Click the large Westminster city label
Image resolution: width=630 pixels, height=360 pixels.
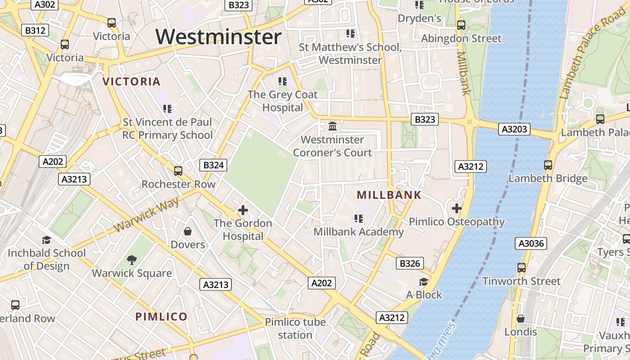[x=219, y=37]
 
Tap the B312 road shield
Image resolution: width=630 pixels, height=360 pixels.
[x=35, y=30]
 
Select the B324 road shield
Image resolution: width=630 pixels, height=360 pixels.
[x=213, y=165]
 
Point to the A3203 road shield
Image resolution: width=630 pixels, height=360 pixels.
[x=514, y=130]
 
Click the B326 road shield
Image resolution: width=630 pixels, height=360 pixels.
[x=409, y=263]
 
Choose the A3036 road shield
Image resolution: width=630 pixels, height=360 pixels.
[x=531, y=243]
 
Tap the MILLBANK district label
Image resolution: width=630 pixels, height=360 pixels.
[x=389, y=195]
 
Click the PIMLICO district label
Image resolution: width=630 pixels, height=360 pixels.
[x=161, y=316]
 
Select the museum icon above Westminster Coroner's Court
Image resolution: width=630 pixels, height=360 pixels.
[x=333, y=126]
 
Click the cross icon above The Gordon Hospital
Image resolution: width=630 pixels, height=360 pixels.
[x=243, y=210]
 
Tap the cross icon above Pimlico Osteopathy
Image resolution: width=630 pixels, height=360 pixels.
[x=457, y=208]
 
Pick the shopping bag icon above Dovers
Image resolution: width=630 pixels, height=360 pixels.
[x=188, y=231]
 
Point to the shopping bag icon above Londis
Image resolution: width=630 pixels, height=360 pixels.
[x=521, y=318]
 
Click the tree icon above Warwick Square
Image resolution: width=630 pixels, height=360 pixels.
[x=132, y=260]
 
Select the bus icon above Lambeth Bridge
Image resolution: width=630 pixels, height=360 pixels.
[x=548, y=165]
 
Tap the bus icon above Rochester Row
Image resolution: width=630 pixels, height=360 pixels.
[x=178, y=171]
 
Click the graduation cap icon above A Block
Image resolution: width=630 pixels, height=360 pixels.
[x=423, y=282]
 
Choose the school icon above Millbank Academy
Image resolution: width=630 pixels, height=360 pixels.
[x=358, y=219]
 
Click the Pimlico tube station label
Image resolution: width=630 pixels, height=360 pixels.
[x=295, y=328]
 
